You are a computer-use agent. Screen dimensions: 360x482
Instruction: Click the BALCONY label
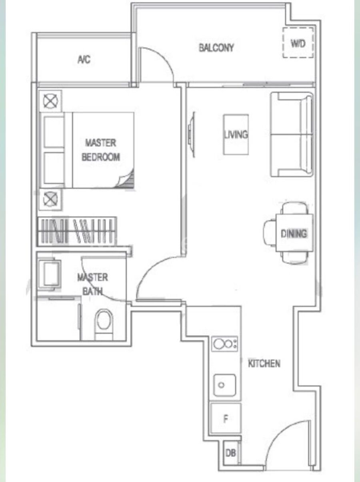(x=216, y=48)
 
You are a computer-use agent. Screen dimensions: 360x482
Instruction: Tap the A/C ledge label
(x=84, y=59)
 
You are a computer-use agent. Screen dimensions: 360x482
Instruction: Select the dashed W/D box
(x=298, y=43)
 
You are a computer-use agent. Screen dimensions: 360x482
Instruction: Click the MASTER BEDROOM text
(x=101, y=150)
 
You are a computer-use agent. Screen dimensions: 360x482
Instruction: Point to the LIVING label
(x=236, y=134)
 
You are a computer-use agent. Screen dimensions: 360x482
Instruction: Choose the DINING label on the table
(x=294, y=233)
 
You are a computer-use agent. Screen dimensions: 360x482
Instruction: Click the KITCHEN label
(x=264, y=363)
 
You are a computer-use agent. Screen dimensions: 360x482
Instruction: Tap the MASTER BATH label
(x=92, y=284)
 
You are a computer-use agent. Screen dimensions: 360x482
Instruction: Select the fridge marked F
(x=226, y=418)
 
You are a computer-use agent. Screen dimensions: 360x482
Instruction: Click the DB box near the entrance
(x=231, y=453)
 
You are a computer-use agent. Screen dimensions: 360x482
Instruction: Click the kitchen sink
(x=225, y=385)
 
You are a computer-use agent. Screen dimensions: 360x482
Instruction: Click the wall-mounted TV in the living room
(x=191, y=134)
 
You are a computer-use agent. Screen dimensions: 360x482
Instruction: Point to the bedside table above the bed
(x=50, y=101)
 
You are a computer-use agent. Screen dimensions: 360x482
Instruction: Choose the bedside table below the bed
(x=50, y=199)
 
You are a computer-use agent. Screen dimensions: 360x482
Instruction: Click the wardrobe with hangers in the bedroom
(x=77, y=231)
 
